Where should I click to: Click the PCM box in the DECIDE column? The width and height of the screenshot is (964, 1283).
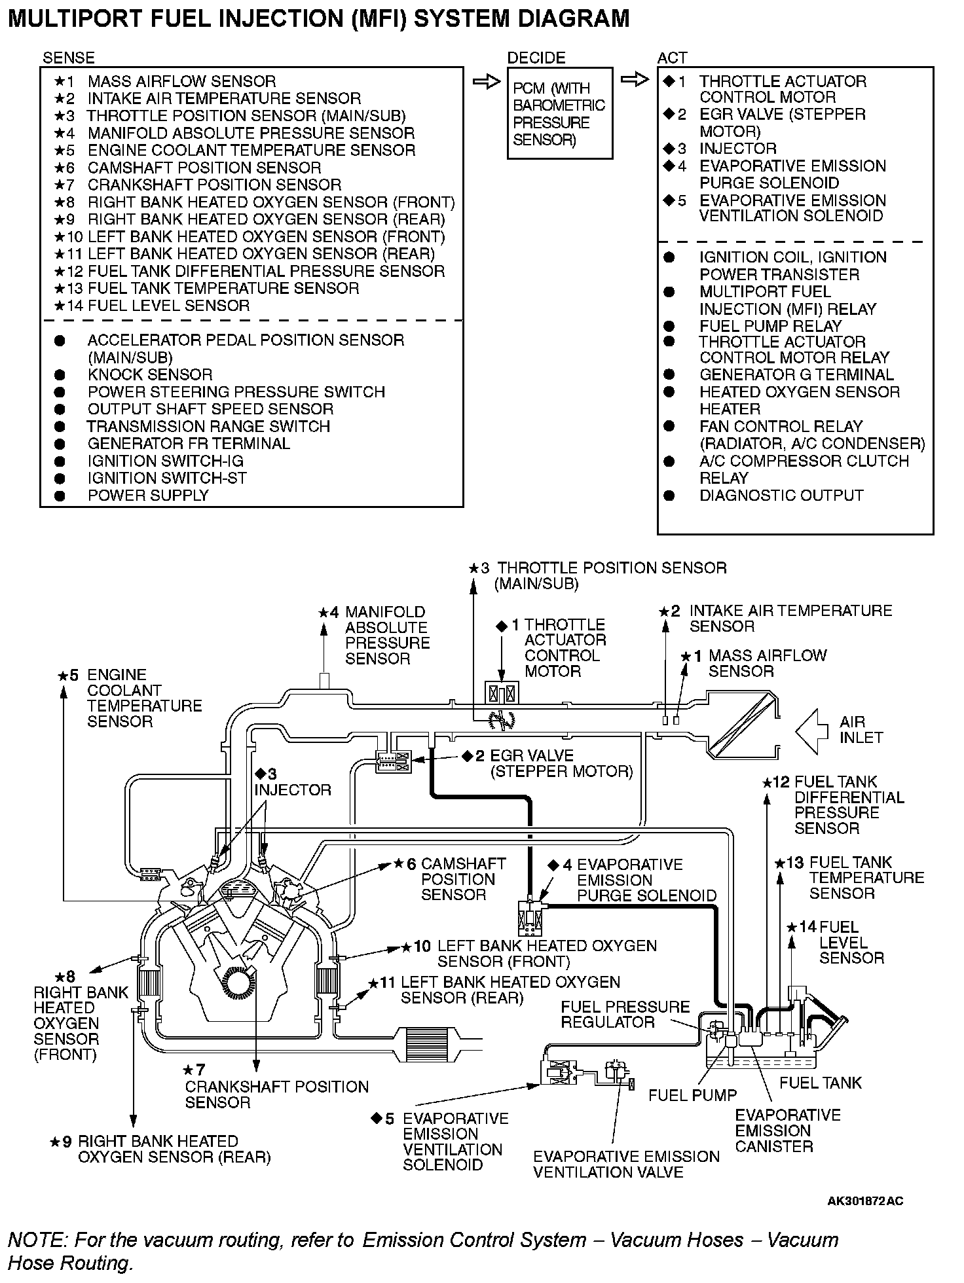[559, 113]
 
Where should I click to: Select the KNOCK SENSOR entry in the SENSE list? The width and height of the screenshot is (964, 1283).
[150, 375]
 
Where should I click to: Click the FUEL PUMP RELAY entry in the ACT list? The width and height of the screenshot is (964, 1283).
[770, 326]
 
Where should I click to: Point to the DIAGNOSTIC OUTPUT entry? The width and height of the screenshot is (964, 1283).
[781, 496]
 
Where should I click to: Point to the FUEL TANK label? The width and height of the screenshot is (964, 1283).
[821, 1083]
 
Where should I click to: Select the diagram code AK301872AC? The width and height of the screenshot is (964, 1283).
[864, 1201]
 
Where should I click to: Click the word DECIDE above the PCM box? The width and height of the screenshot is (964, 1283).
[536, 58]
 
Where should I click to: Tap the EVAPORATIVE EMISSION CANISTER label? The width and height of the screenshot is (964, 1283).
[787, 1130]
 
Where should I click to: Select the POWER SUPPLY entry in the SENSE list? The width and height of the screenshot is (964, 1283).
[148, 496]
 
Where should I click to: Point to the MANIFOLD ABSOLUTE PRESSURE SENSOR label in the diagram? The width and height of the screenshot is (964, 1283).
[387, 635]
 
